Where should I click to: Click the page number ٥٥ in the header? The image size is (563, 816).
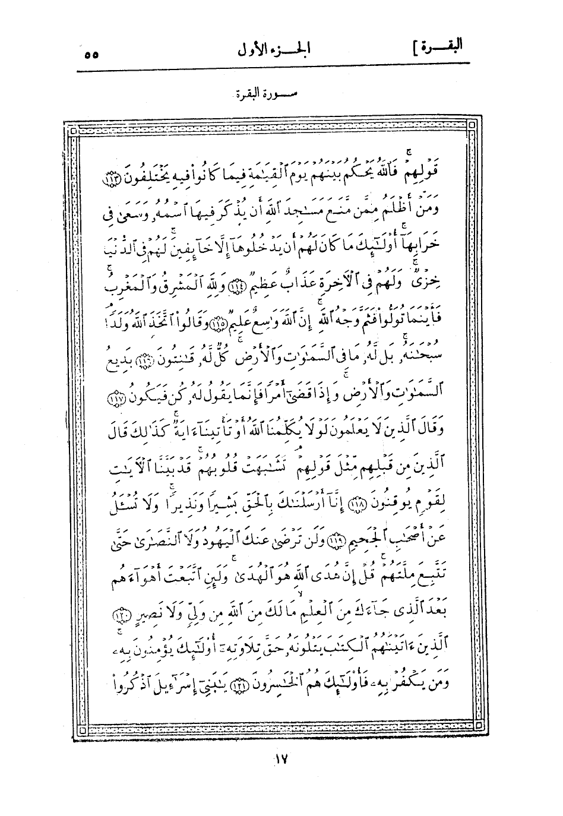tap(91, 54)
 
